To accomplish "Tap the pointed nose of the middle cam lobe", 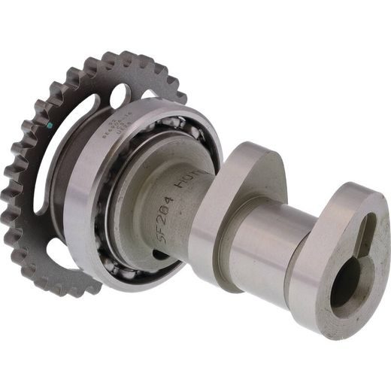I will click(244, 154).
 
